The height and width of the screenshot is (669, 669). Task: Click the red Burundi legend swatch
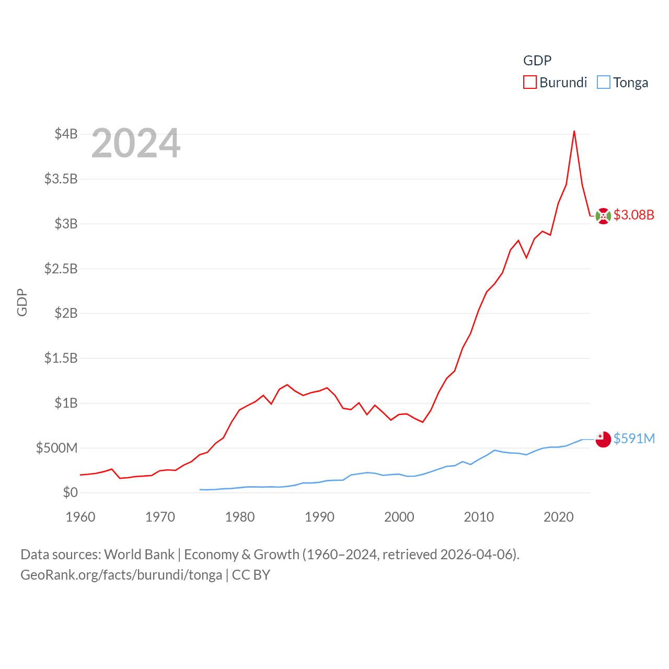pyautogui.click(x=530, y=83)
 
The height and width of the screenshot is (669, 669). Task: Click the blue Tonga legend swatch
pyautogui.click(x=604, y=83)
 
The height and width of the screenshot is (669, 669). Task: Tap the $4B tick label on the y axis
pyautogui.click(x=66, y=134)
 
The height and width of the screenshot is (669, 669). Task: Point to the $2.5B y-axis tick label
pyautogui.click(x=61, y=269)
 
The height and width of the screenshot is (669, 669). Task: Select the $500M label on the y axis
pyautogui.click(x=56, y=448)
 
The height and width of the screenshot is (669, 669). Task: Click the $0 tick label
pyautogui.click(x=70, y=492)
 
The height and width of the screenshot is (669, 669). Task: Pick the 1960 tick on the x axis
pyautogui.click(x=80, y=517)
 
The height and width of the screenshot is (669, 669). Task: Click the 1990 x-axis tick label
pyautogui.click(x=319, y=517)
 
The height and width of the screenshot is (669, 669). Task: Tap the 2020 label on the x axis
pyautogui.click(x=558, y=517)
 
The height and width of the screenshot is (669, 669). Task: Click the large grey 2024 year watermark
pyautogui.click(x=136, y=143)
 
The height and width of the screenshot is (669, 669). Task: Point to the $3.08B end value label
pyautogui.click(x=633, y=215)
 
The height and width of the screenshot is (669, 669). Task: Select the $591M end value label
pyautogui.click(x=634, y=439)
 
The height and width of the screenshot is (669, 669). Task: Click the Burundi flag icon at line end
pyautogui.click(x=603, y=216)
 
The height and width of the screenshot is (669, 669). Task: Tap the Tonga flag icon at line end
pyautogui.click(x=603, y=440)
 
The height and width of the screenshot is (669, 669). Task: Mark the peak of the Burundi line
pyautogui.click(x=574, y=131)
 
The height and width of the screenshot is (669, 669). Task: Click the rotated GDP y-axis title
pyautogui.click(x=22, y=302)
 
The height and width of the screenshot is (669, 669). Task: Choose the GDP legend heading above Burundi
pyautogui.click(x=537, y=61)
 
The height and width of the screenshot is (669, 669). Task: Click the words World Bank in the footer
pyautogui.click(x=140, y=554)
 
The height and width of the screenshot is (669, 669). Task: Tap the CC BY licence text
pyautogui.click(x=251, y=575)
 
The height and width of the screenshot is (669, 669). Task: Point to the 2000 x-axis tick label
pyautogui.click(x=399, y=517)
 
